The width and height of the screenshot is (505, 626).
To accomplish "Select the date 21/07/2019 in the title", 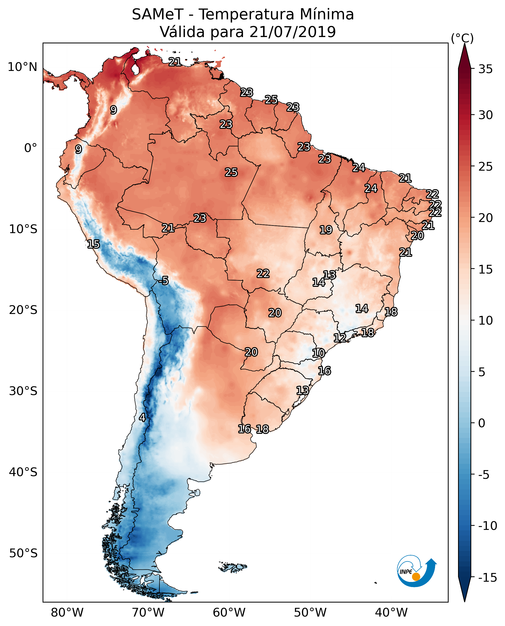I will pyautogui.click(x=292, y=32).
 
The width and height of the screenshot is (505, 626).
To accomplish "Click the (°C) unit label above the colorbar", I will pyautogui.click(x=462, y=38).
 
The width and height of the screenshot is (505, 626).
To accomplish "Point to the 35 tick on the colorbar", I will pyautogui.click(x=485, y=69).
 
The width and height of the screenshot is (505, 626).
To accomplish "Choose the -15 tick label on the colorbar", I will pyautogui.click(x=487, y=578).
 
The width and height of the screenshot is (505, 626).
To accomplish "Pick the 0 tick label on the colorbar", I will pyautogui.click(x=482, y=423).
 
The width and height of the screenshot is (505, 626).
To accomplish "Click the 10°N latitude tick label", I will pyautogui.click(x=23, y=67).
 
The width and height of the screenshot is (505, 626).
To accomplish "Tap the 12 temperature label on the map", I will pyautogui.click(x=340, y=338).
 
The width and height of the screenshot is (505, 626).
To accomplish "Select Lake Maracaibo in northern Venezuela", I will pyautogui.click(x=135, y=69).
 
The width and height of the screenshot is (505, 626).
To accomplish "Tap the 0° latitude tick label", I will pyautogui.click(x=31, y=148).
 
